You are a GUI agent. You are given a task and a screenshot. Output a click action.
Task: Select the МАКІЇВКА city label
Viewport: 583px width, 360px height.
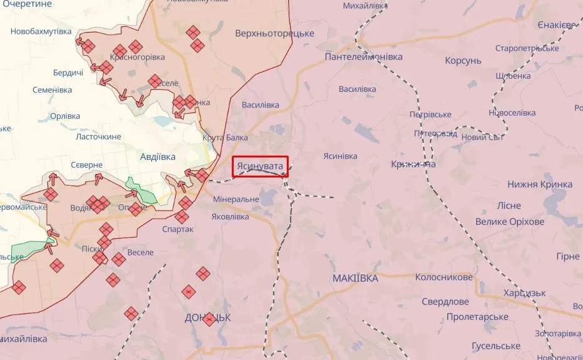(355, 278)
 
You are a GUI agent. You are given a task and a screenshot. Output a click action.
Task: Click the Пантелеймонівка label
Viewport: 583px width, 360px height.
(364, 57)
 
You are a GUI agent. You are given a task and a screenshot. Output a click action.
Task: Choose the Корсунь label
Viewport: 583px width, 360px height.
(463, 61)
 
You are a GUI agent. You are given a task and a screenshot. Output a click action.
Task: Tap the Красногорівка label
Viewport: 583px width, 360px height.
(137, 57)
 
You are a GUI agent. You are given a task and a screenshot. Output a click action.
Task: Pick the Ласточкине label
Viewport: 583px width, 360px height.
(98, 136)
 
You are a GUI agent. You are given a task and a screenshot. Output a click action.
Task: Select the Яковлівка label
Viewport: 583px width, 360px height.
(230, 217)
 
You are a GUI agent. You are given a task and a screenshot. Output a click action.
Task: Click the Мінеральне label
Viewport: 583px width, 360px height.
(236, 199)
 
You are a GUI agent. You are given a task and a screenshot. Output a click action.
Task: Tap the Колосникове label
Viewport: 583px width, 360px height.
(444, 277)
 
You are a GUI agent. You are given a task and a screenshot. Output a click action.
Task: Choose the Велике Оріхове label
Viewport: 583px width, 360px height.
(509, 222)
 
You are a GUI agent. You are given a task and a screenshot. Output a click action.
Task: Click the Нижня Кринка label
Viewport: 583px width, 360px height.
(540, 184)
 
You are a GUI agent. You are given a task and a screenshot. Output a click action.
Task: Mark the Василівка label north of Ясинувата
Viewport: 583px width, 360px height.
(260, 105)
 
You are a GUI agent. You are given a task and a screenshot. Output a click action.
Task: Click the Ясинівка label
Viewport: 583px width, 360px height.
(341, 156)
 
